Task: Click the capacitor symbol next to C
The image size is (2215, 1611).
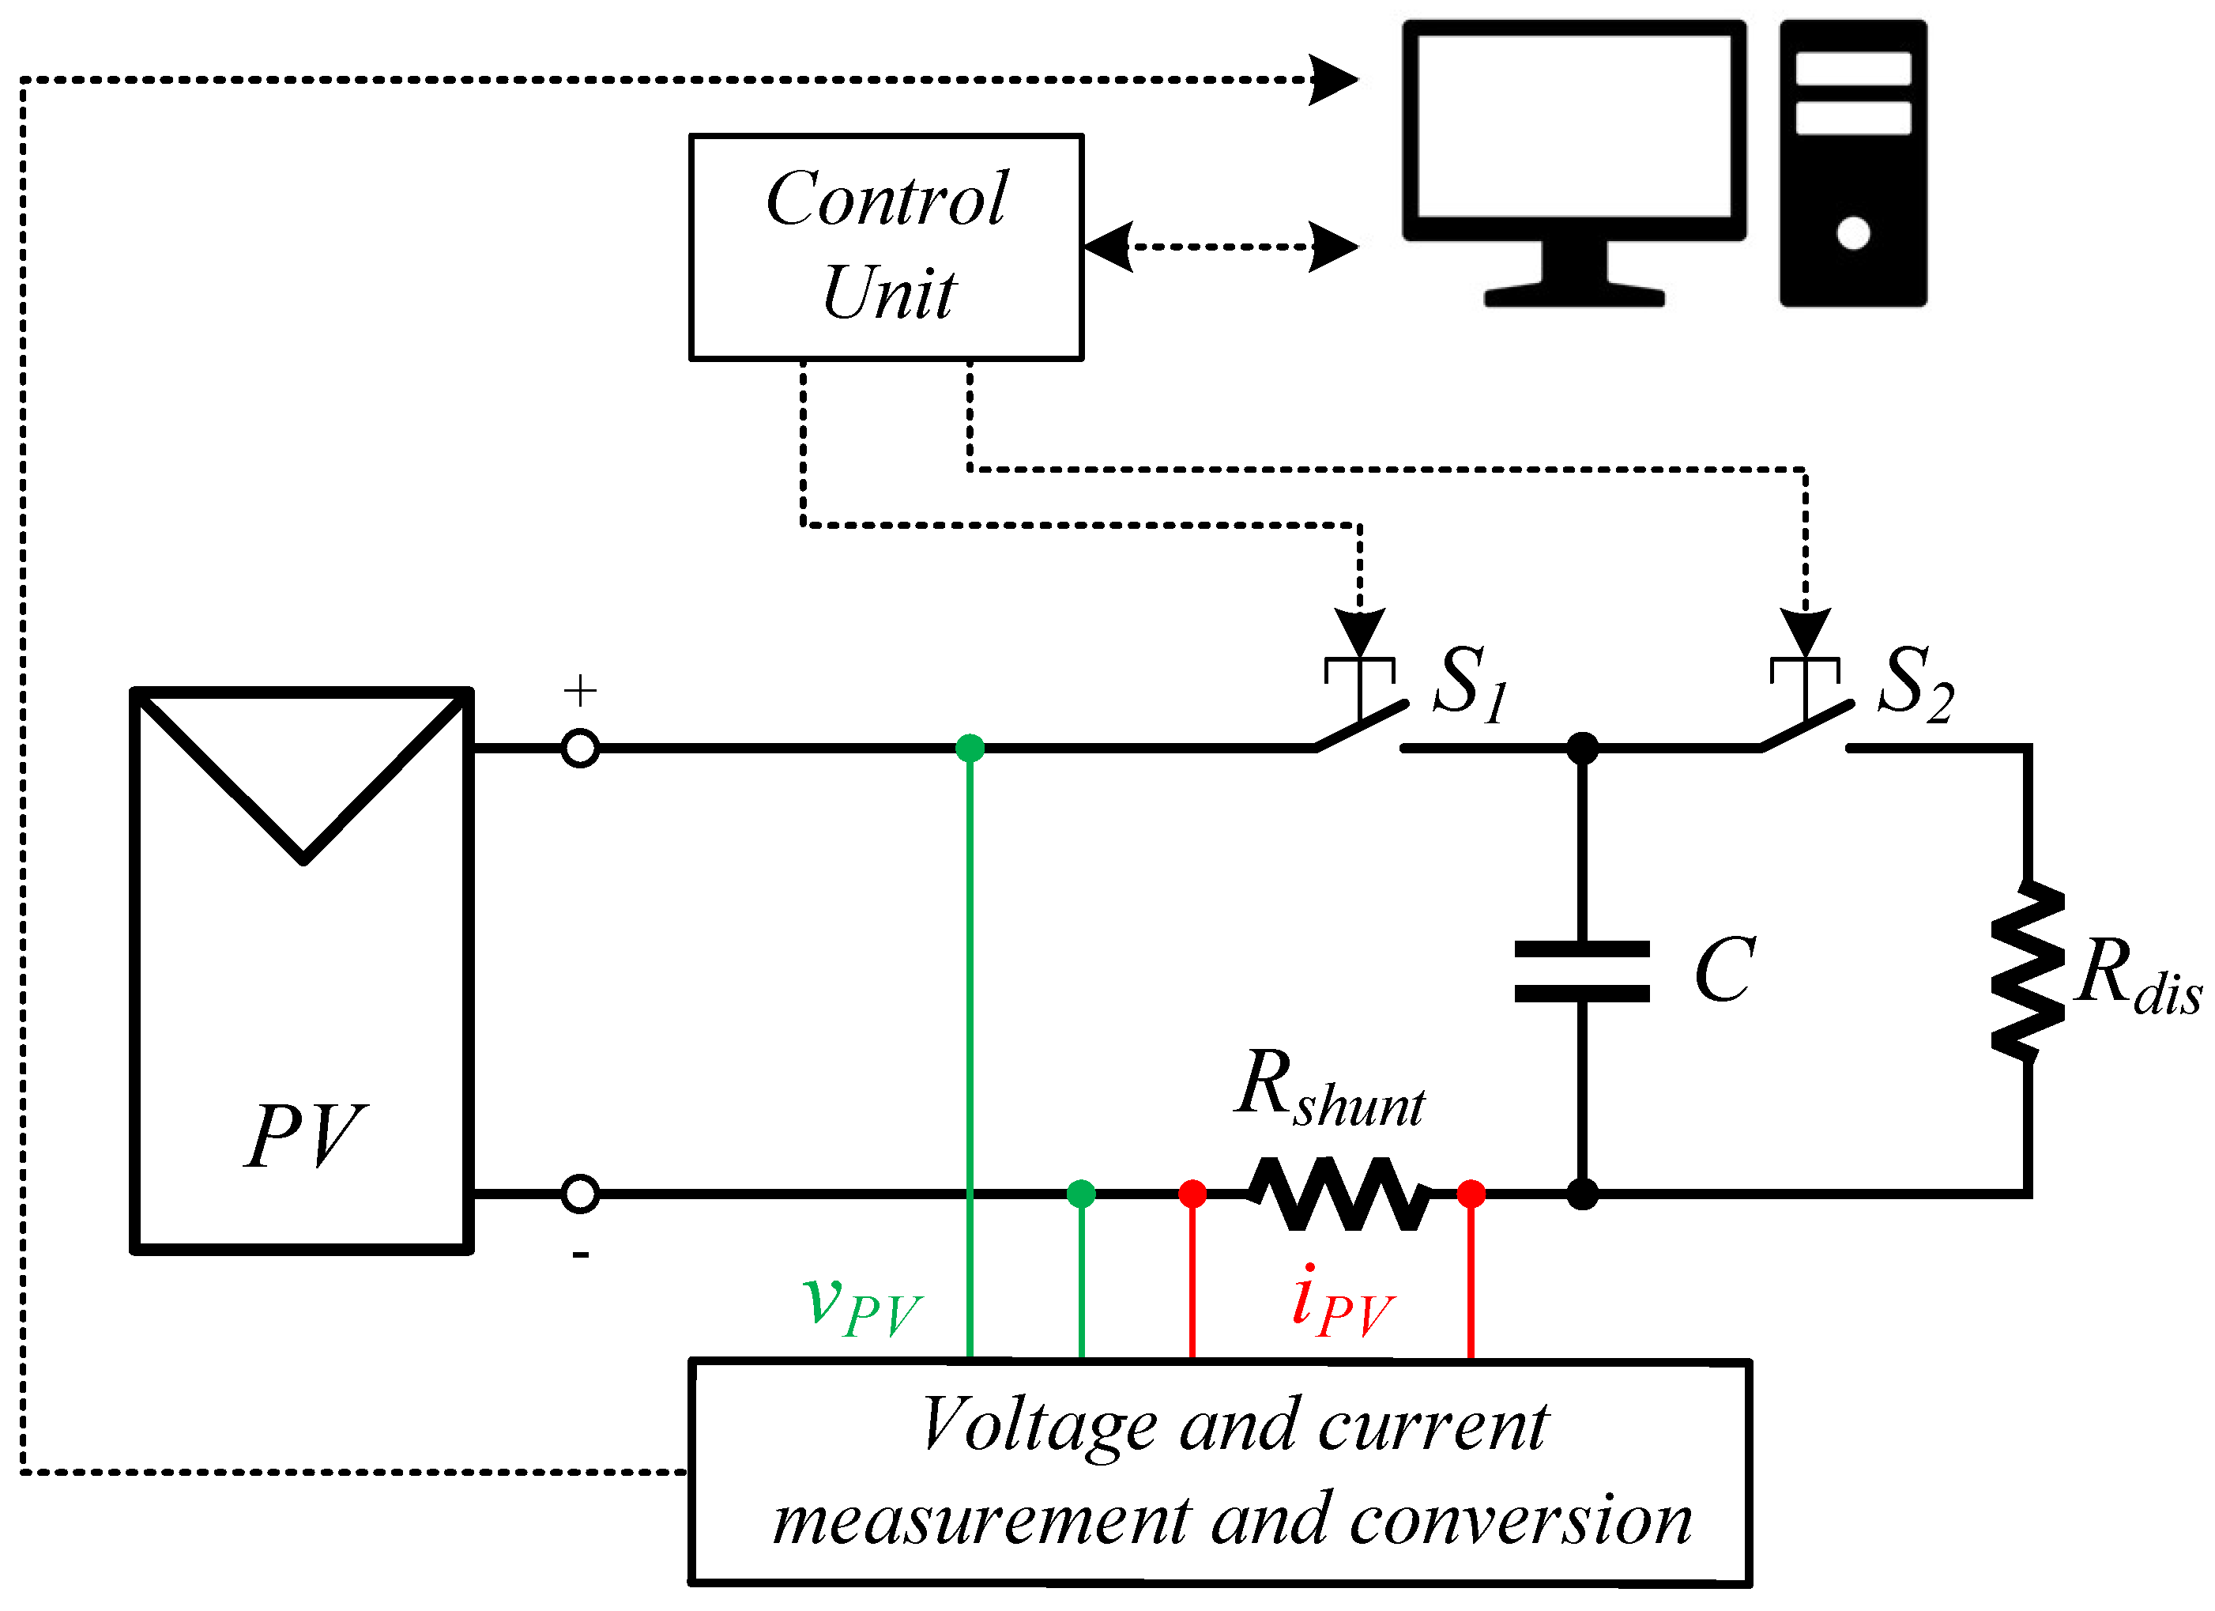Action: coord(1581,972)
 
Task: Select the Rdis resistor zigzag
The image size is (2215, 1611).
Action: coord(2029,972)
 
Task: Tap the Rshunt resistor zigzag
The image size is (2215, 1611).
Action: coord(1339,1194)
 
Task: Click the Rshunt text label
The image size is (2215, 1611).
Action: coord(1329,1092)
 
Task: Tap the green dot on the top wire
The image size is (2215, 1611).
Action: coord(969,749)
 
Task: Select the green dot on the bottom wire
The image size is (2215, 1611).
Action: coord(1081,1194)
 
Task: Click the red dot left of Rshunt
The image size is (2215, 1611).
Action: coord(1192,1194)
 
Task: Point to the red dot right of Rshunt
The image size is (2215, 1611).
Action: coord(1471,1194)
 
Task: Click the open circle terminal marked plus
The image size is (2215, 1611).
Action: coord(580,749)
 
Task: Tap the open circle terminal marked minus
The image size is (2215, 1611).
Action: coord(580,1194)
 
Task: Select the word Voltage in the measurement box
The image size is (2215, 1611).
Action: coord(1040,1425)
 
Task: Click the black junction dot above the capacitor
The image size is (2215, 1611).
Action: coord(1582,749)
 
